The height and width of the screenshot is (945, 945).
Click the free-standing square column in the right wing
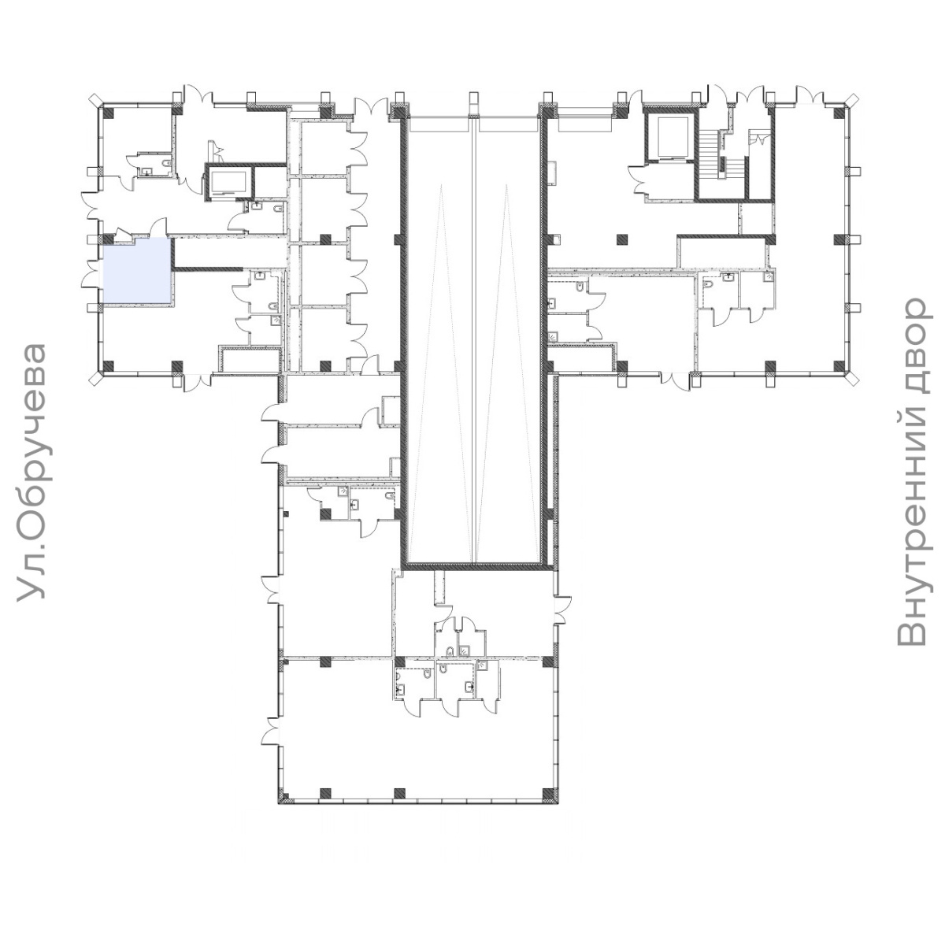pos(622,239)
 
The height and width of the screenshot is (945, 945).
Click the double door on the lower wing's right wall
pos(563,609)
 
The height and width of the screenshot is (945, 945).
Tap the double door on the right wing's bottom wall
pos(675,381)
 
